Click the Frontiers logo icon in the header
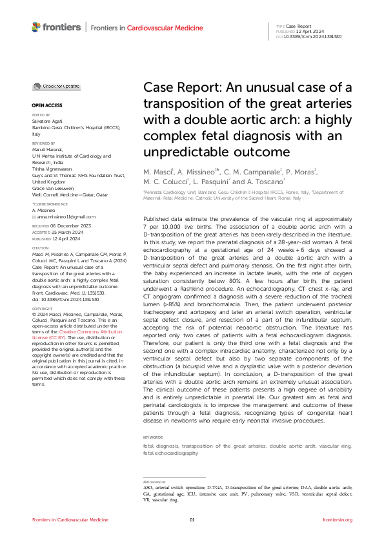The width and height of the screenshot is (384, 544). click(x=37, y=27)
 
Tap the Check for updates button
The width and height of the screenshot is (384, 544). click(x=57, y=86)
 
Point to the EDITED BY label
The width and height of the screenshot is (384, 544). click(x=40, y=114)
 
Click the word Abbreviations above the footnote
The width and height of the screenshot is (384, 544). click(x=154, y=482)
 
